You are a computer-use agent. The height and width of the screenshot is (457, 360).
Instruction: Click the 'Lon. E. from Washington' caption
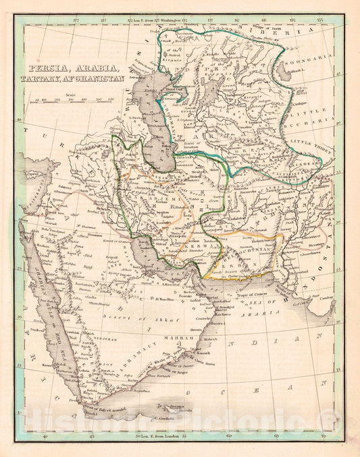click(157, 22)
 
